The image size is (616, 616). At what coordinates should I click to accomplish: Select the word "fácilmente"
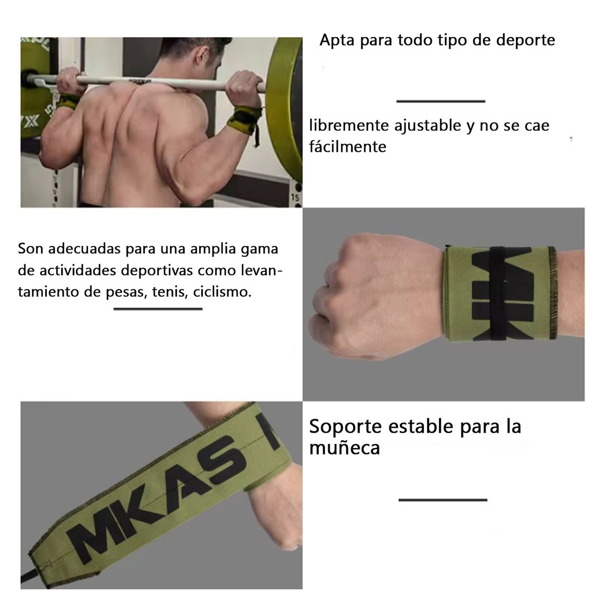click(348, 147)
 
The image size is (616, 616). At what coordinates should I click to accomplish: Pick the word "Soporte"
click(345, 426)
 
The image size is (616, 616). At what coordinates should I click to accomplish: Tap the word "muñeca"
click(344, 448)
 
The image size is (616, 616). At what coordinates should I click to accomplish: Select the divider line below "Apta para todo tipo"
click(440, 102)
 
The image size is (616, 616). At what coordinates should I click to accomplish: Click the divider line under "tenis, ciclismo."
click(158, 309)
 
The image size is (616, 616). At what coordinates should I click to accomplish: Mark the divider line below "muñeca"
click(442, 499)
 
